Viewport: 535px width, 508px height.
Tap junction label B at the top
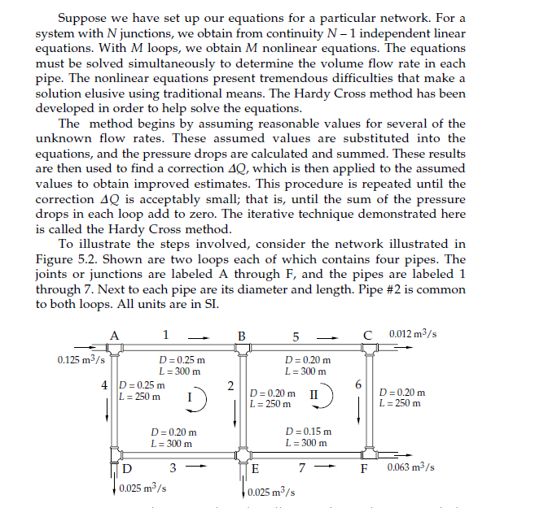click(x=241, y=336)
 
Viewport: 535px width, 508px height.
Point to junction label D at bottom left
click(x=129, y=468)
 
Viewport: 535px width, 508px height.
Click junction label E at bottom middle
click(x=255, y=469)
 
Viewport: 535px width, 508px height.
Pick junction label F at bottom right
click(x=366, y=469)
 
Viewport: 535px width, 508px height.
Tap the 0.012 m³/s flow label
click(x=413, y=335)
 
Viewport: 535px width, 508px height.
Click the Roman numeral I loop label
click(x=190, y=398)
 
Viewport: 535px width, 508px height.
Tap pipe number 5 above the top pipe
click(x=296, y=336)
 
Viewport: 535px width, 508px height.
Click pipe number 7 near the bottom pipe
click(x=301, y=469)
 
